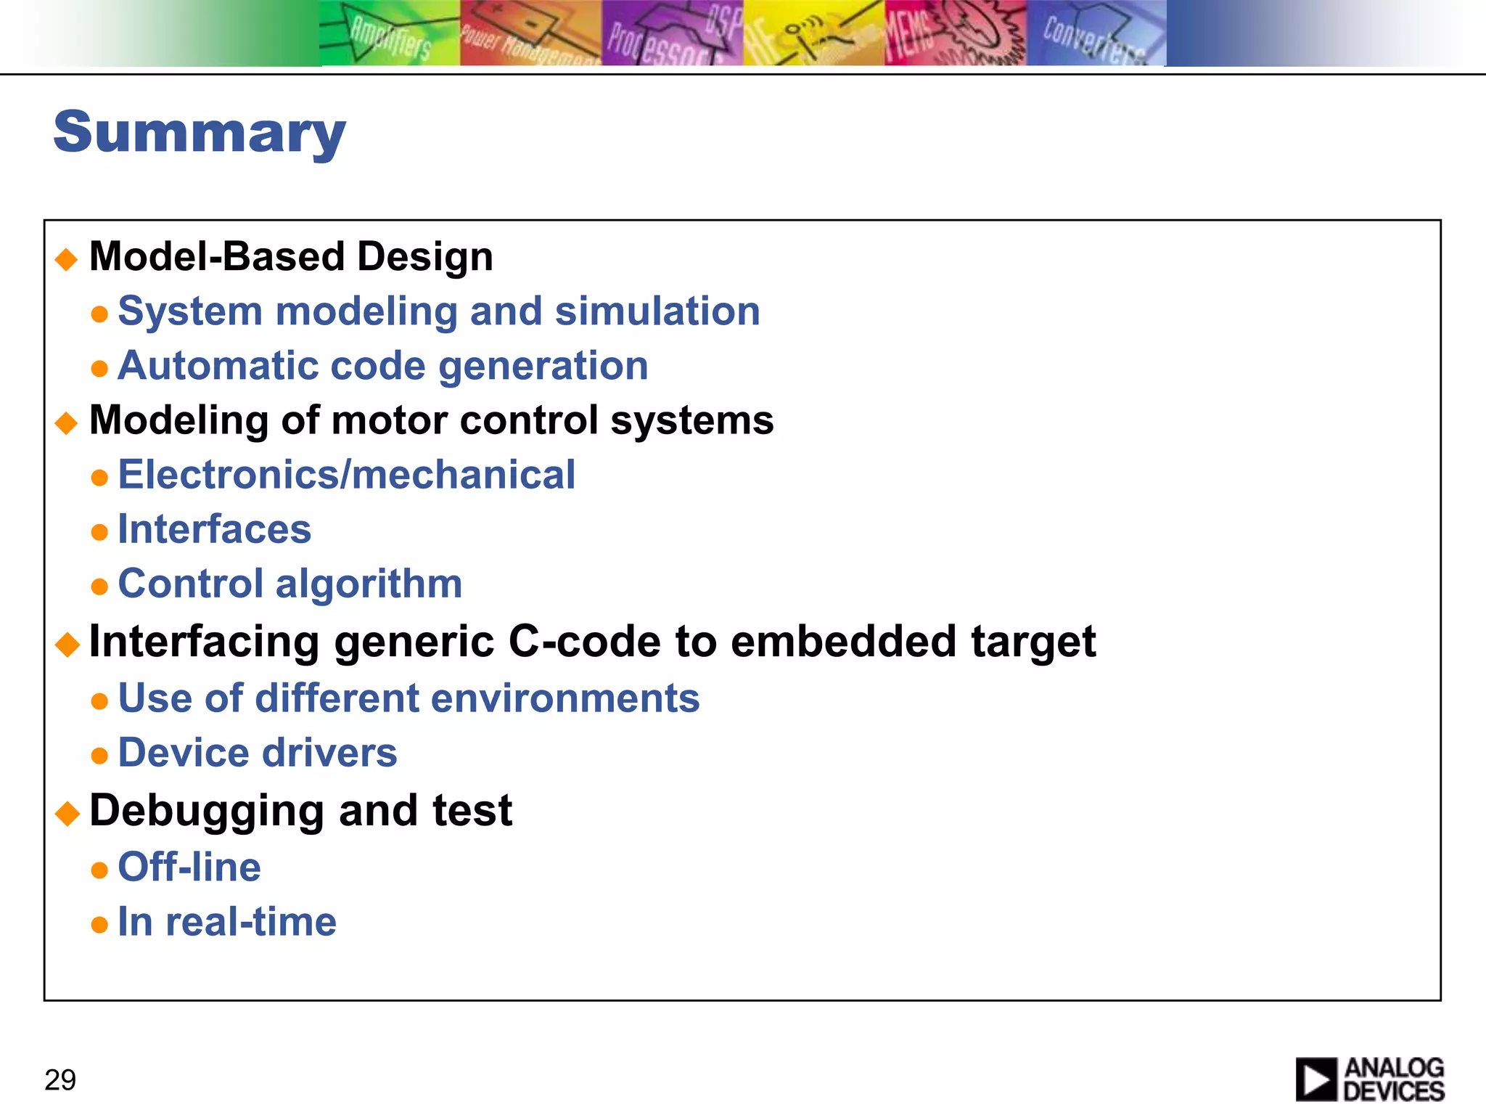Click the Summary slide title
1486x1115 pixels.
(x=200, y=132)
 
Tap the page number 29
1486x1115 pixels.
(x=60, y=1080)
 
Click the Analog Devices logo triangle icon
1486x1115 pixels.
(x=1315, y=1079)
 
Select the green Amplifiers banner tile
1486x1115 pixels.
(x=390, y=33)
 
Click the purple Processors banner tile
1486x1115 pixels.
(x=672, y=33)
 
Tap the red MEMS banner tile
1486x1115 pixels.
(x=955, y=33)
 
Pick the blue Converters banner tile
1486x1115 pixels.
(x=1096, y=33)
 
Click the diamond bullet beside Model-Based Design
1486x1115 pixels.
(x=67, y=259)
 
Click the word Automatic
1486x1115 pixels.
(x=218, y=365)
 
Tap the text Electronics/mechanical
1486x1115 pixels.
(x=346, y=475)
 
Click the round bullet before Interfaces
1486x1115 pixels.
(x=100, y=532)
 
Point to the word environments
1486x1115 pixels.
(x=565, y=698)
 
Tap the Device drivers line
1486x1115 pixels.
(x=258, y=753)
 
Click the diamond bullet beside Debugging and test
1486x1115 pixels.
(x=67, y=813)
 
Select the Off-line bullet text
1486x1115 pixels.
(x=189, y=867)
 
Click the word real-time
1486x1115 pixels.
(x=251, y=922)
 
